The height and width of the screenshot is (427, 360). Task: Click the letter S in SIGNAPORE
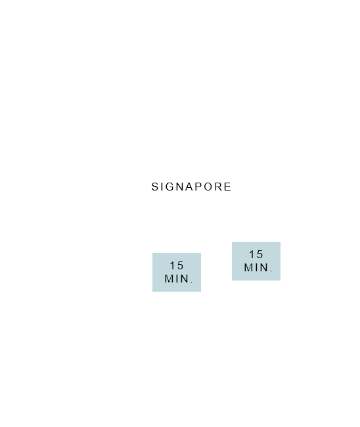pos(155,187)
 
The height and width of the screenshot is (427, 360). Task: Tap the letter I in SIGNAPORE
pos(162,187)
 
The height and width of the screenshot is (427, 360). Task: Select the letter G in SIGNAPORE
pos(169,187)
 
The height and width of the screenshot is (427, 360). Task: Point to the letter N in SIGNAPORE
pos(179,187)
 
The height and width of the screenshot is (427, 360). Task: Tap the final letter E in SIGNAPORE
pos(228,187)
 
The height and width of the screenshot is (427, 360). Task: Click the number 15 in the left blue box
pos(177,265)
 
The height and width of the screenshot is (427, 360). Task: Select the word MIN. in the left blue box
pos(179,279)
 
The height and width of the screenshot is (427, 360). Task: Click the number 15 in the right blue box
pos(256,254)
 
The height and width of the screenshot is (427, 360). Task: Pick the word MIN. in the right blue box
pos(258,267)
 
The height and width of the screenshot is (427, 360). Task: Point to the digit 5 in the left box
pos(180,265)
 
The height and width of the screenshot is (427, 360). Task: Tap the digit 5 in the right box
pos(259,254)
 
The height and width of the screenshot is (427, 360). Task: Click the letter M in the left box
pos(169,279)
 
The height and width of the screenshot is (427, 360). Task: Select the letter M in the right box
pos(248,267)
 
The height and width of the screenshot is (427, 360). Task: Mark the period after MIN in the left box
pos(192,282)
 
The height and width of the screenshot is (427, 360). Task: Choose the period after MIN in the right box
pos(271,271)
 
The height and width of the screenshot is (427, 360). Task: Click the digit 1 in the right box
pos(252,254)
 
